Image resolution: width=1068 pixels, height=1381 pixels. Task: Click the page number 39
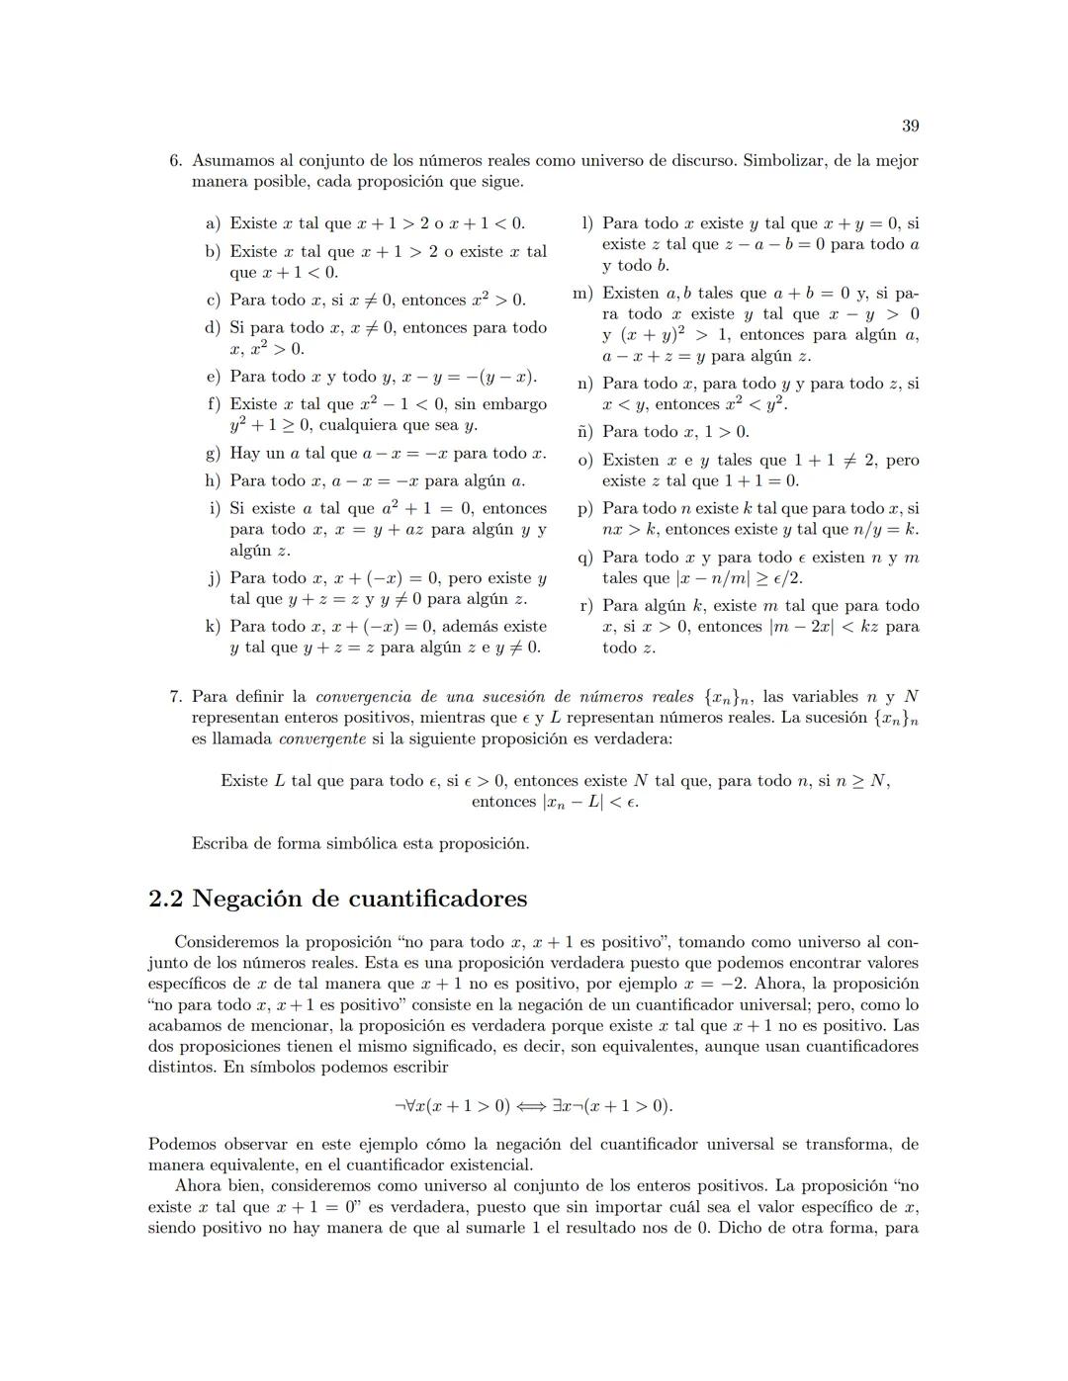tap(910, 126)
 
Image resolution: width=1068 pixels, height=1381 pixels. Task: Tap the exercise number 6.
tap(175, 160)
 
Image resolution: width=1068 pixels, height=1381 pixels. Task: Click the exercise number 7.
tap(175, 697)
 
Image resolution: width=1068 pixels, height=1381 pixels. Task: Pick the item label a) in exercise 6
tap(214, 223)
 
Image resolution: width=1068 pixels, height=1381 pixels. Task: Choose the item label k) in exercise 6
tap(213, 627)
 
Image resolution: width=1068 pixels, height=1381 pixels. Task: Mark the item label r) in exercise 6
tap(585, 606)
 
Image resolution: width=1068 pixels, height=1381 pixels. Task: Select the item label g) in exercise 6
tap(213, 454)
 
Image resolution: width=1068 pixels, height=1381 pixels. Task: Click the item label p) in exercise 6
tap(585, 509)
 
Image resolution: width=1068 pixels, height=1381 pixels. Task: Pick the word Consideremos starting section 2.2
tap(223, 942)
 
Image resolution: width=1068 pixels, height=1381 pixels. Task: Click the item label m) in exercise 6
tap(583, 294)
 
